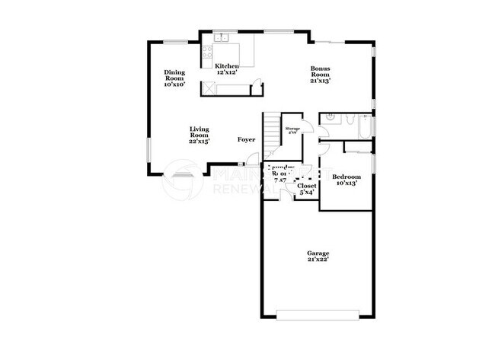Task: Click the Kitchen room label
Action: tap(226, 70)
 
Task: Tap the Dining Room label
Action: tap(174, 78)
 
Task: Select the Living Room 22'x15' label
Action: tap(200, 135)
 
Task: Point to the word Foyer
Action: tap(246, 139)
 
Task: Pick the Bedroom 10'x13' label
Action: tap(346, 179)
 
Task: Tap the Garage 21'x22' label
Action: tap(318, 256)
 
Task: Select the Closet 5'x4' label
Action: tap(307, 189)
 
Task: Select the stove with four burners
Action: tap(206, 53)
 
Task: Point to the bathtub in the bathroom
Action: tap(366, 129)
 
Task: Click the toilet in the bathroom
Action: tap(347, 120)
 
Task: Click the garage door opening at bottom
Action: tap(318, 314)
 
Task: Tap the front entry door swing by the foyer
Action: tap(247, 162)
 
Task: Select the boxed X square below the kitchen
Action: tap(206, 90)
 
